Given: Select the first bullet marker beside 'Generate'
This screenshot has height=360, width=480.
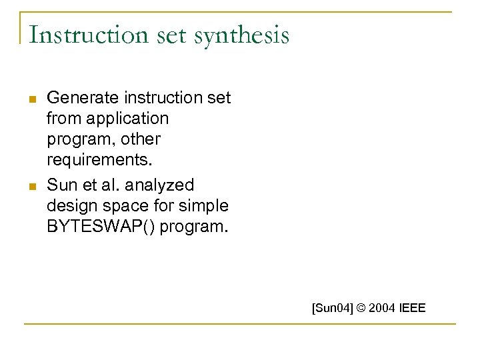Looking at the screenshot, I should [31, 99].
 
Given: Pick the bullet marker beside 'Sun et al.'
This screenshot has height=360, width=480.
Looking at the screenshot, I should [31, 185].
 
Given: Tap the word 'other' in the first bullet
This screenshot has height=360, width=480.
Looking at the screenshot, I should [139, 139].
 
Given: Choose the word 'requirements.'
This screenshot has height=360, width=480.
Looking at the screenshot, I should [99, 160].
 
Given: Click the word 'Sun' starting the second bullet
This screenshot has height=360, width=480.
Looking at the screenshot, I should [61, 184].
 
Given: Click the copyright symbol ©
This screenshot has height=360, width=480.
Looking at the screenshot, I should [361, 308].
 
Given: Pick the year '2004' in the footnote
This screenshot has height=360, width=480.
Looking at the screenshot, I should [383, 308].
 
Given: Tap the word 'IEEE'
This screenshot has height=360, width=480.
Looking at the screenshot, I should [413, 308].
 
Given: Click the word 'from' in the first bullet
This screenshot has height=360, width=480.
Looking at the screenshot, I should [61, 119].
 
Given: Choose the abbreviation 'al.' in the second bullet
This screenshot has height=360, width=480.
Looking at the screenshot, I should [109, 184].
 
